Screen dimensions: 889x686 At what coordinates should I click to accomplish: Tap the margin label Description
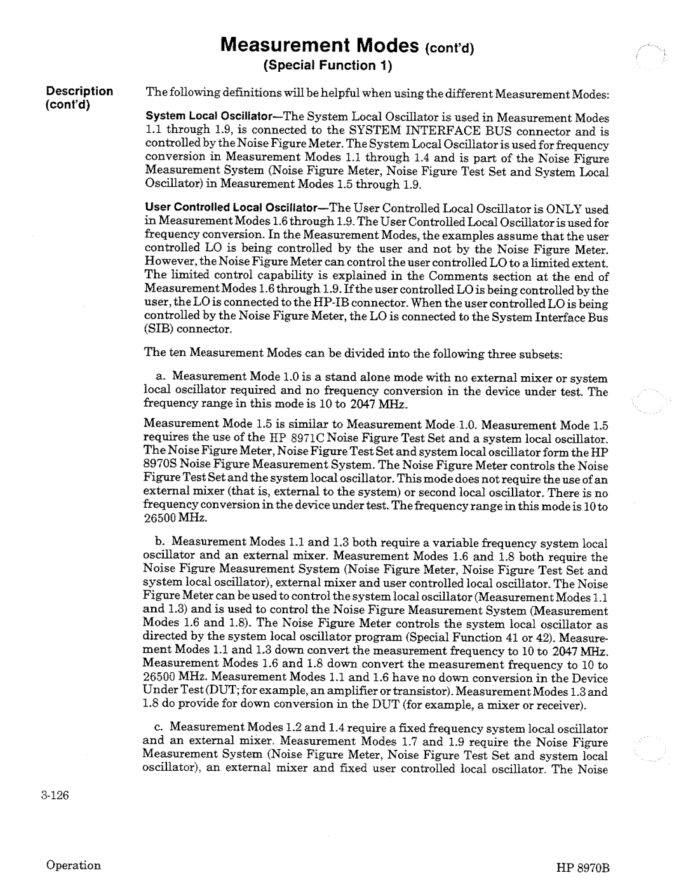point(79,91)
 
